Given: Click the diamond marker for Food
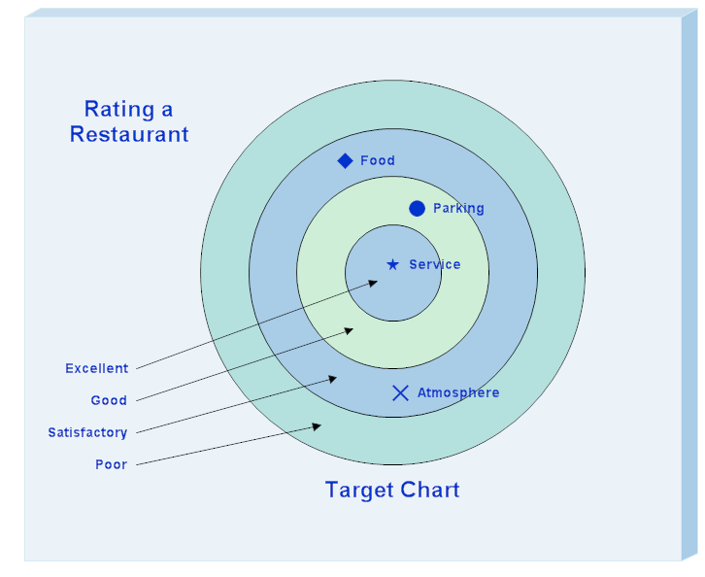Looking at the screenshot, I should coord(345,160).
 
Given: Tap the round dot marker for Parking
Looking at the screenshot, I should coord(418,208).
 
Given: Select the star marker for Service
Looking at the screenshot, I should coord(392,264).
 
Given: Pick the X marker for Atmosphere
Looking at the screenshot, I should coord(400,392).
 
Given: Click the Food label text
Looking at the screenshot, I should coord(378,160).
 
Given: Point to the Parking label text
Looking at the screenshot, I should coord(458,208).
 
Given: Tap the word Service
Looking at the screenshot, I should coord(435,264).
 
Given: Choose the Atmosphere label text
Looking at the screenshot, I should coord(458,392).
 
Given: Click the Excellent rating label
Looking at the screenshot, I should coord(96,368).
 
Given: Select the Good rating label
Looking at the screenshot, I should coord(109,400).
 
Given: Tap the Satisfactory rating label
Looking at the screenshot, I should coord(87,432).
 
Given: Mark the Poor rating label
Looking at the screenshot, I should coord(111,464).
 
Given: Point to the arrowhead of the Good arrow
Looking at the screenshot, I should coord(350,329).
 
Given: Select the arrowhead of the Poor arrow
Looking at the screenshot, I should coord(319,424).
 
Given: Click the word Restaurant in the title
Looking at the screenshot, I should coord(129,134).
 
